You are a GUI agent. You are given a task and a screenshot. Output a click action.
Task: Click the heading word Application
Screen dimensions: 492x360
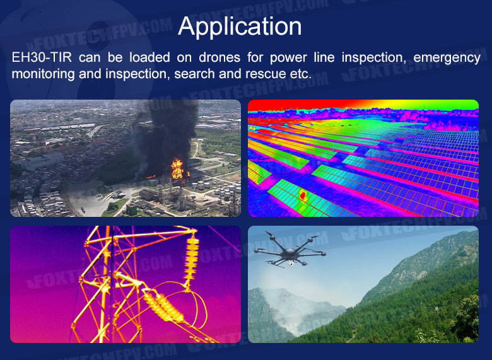240,27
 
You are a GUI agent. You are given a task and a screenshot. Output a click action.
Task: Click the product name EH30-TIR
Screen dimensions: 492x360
42,57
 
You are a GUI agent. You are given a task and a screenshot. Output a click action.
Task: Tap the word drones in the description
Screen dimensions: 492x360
220,57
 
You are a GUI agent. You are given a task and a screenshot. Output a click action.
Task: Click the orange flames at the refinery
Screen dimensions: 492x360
177,170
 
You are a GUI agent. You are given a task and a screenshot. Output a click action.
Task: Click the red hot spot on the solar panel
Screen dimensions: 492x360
303,195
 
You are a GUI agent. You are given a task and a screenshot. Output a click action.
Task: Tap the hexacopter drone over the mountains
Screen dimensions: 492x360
290,250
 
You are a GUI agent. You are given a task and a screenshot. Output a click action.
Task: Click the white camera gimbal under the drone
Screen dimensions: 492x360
291,263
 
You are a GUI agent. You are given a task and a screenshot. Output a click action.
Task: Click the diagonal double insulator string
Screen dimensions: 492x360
163,306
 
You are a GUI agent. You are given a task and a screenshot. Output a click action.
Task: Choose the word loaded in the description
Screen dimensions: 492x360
149,57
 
